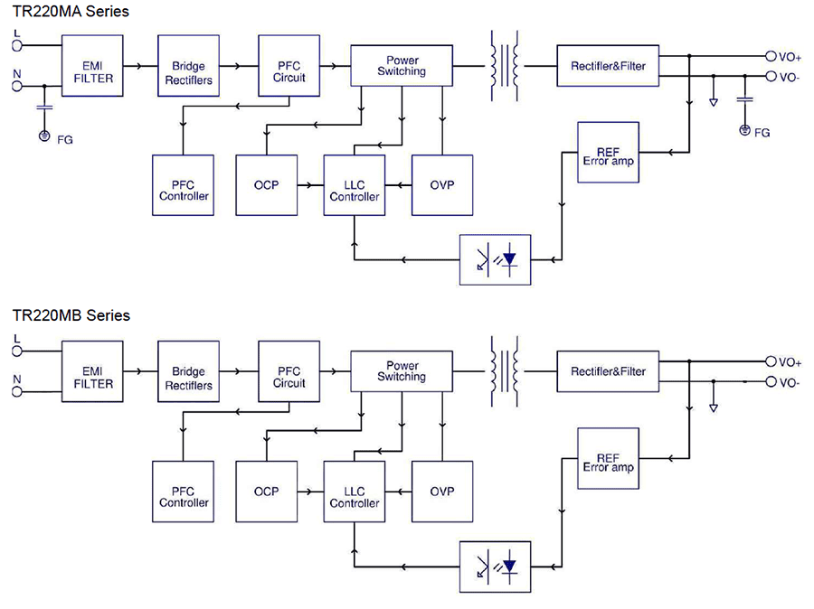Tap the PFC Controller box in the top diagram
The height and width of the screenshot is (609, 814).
184,184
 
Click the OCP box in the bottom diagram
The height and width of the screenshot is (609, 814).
266,491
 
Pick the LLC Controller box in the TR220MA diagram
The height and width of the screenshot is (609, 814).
354,185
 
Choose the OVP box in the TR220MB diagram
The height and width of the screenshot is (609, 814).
441,491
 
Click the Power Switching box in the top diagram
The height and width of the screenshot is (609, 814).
401,66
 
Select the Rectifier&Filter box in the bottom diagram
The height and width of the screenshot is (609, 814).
608,371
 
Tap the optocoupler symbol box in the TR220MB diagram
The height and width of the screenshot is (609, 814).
495,566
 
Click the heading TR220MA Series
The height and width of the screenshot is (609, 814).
71,12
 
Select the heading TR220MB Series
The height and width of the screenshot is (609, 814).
71,315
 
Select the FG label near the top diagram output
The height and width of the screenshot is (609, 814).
762,133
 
